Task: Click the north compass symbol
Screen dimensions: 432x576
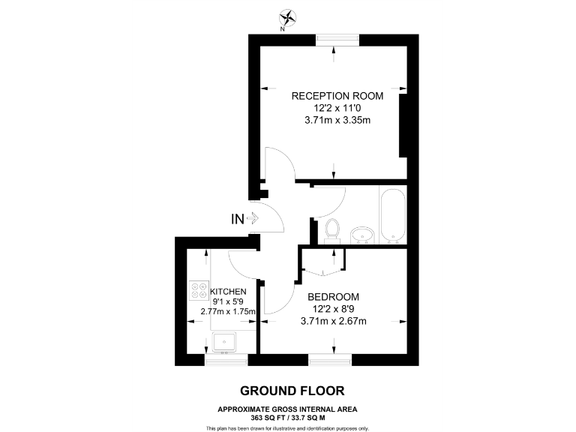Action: pos(287,16)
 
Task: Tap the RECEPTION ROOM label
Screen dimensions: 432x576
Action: pos(337,96)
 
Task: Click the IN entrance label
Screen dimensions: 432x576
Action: pos(237,219)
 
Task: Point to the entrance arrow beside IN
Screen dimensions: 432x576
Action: pos(253,219)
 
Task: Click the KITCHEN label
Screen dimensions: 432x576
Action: pos(228,291)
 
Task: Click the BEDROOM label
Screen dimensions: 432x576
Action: pos(334,296)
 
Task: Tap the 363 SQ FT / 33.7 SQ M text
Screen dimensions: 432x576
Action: pos(287,417)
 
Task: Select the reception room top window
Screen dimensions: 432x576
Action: pos(334,40)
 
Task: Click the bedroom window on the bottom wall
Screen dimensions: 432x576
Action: pos(330,361)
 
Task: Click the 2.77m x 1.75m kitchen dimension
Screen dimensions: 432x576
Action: pos(228,311)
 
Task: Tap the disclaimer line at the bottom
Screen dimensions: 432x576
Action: pos(287,427)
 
